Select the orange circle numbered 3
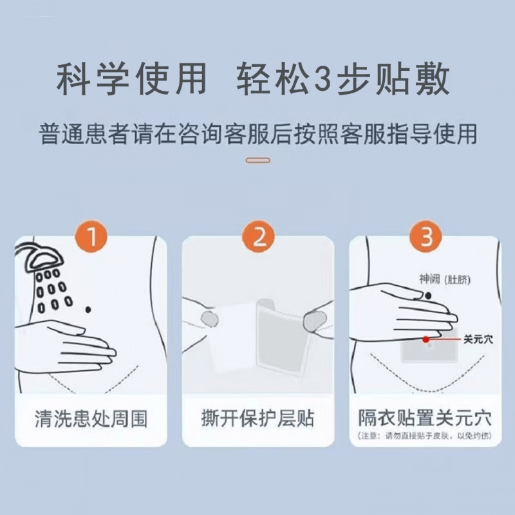point(426,239)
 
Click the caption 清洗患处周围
point(91,419)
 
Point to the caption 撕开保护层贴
point(258,419)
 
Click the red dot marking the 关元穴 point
point(426,339)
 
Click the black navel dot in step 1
point(88,310)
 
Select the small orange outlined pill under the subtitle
point(257,160)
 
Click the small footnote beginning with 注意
point(426,437)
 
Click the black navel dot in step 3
point(427,295)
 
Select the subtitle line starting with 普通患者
point(257,133)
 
